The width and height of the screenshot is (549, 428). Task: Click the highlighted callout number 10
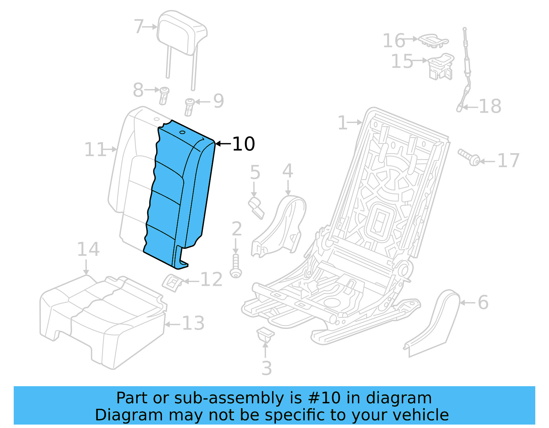pos(244,144)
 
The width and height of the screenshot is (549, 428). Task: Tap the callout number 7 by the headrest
pos(139,26)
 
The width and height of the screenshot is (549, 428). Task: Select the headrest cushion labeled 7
pos(180,33)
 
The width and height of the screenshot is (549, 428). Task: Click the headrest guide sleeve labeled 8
pos(164,95)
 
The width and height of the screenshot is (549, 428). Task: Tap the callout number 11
pos(95,149)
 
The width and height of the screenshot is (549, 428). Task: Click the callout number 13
pos(193,323)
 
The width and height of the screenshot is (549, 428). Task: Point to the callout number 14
pos(88,249)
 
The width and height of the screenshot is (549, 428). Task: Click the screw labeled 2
pos(236,266)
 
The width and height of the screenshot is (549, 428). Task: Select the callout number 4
pos(288,171)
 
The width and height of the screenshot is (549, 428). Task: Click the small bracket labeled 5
pos(256,207)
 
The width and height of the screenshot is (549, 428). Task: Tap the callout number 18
pos(490,106)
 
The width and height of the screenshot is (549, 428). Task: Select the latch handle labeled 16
pos(433,40)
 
